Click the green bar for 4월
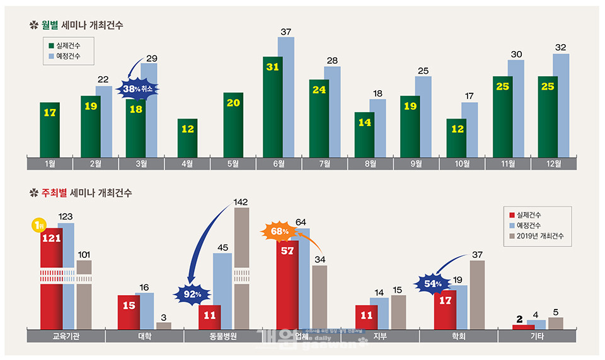[x=187, y=137]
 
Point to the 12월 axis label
[x=553, y=164]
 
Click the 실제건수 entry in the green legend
[x=68, y=45]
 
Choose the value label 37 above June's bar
[x=286, y=32]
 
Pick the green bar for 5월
[x=233, y=124]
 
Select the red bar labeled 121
[x=51, y=277]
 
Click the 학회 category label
[x=458, y=336]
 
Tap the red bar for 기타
[x=523, y=327]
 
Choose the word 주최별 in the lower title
[x=54, y=192]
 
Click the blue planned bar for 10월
[x=470, y=129]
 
